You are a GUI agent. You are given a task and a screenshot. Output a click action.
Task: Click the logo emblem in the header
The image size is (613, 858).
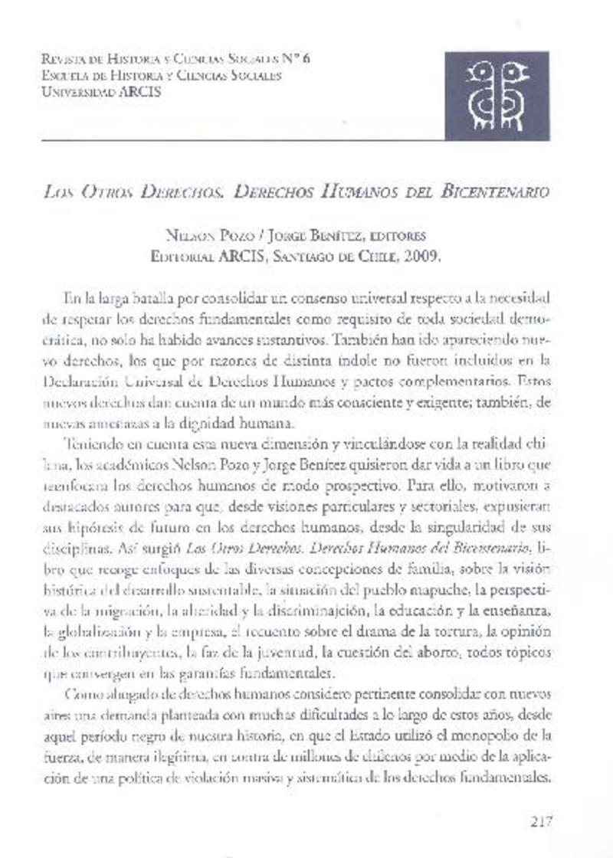[497, 95]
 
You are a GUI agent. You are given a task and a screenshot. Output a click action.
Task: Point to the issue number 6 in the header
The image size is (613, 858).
[306, 59]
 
